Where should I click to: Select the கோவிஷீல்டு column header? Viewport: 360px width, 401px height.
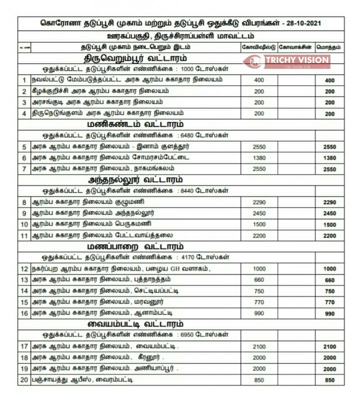pos(259,47)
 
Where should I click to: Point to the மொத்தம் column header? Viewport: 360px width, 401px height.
pos(330,47)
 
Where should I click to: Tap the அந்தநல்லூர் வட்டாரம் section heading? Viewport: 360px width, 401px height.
pos(135,180)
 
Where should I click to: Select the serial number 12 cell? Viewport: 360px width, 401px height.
pos(24,269)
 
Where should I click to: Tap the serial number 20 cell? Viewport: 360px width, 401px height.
pos(24,380)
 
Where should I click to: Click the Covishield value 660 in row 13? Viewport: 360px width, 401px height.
pos(259,280)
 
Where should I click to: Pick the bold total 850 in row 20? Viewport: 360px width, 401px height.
pos(330,380)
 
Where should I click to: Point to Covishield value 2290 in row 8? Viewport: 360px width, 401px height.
pos(259,202)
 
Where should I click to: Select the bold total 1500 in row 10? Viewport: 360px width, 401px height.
pos(330,225)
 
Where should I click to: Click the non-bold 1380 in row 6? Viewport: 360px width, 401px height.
pos(259,158)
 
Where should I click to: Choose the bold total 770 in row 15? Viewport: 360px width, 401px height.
pos(330,303)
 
